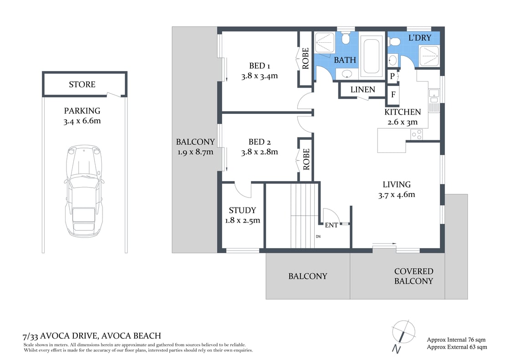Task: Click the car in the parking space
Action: [84, 191]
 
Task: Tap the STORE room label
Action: [82, 84]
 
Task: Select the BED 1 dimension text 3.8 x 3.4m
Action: [259, 76]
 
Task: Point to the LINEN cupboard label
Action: [363, 90]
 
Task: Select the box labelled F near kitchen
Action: [393, 95]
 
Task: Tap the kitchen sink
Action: [433, 96]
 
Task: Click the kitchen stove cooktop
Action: [416, 134]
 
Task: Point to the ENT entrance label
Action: [331, 225]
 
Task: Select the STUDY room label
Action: [242, 210]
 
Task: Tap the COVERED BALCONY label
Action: [413, 276]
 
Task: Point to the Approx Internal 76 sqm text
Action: [456, 340]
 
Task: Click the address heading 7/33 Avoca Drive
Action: [92, 336]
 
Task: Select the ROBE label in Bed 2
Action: [306, 159]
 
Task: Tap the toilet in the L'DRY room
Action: [394, 42]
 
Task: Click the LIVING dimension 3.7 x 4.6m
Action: [396, 195]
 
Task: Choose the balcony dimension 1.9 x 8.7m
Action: [195, 152]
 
